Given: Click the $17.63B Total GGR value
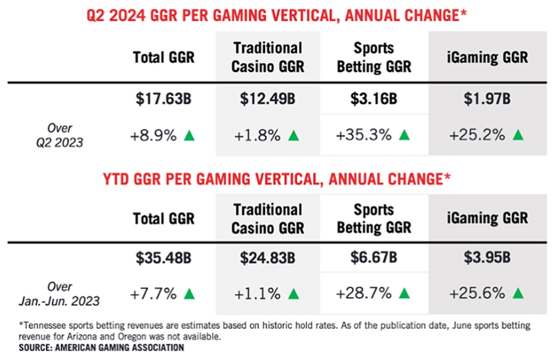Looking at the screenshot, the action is tap(163, 99).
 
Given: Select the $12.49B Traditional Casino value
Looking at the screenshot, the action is tap(267, 99).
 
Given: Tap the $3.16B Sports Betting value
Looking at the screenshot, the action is tap(374, 99).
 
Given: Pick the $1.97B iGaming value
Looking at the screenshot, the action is tap(487, 99).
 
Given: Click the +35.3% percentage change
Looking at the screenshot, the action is tap(364, 135).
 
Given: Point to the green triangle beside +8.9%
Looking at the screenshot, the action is tap(189, 136).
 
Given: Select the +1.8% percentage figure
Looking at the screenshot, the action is tap(258, 136).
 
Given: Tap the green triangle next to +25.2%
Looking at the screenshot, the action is tap(518, 135).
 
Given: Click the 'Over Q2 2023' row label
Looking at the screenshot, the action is tap(60, 135).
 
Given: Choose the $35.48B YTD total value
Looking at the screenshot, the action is tap(163, 258).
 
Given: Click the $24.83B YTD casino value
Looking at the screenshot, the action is tap(267, 258).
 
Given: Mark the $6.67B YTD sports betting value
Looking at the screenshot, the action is tap(374, 257).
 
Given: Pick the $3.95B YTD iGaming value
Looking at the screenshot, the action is tap(487, 257).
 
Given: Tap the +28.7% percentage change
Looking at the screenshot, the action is tap(364, 293).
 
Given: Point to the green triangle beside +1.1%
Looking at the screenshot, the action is tap(293, 294).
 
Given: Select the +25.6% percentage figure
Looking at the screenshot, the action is tap(477, 293).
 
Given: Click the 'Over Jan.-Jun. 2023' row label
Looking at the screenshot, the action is tap(59, 294).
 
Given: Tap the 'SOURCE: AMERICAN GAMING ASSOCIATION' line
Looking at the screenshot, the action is tap(102, 347).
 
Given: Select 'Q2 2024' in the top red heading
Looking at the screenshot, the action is tap(116, 15).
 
